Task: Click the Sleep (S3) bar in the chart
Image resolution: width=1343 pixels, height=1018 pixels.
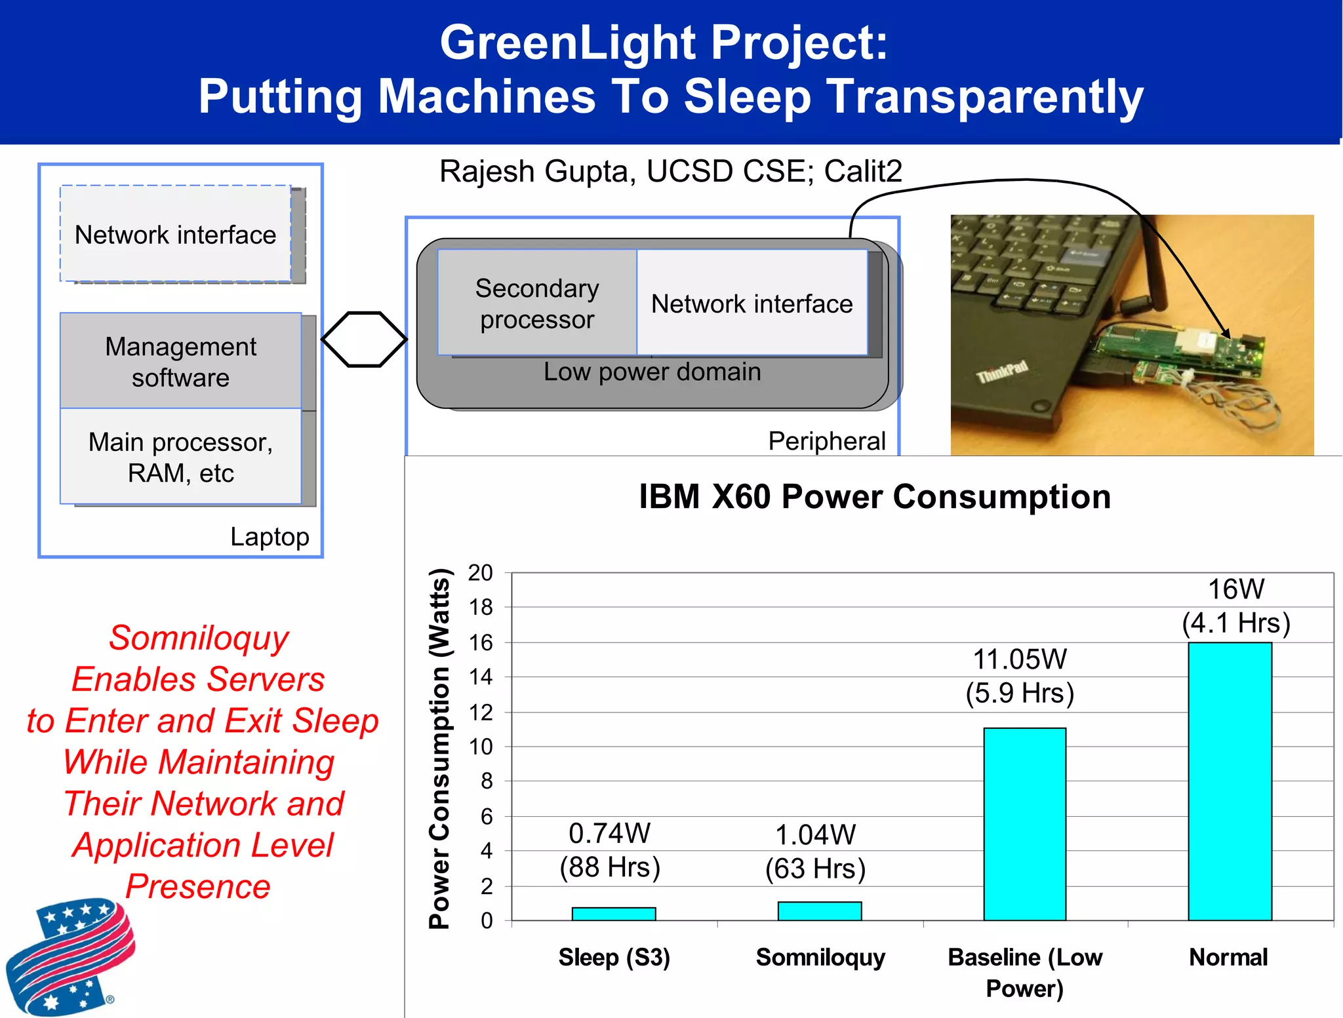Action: pos(613,914)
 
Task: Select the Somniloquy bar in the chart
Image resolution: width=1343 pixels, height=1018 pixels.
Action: pos(819,911)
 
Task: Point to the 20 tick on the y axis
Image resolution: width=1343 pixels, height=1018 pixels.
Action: pos(480,573)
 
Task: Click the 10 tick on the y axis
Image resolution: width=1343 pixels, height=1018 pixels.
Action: pos(480,747)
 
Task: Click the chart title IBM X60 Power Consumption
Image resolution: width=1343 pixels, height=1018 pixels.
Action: pos(875,496)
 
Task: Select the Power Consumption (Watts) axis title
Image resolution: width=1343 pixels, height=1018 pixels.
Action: pos(439,749)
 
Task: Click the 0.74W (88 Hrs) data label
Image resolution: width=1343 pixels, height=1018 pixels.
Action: pos(609,850)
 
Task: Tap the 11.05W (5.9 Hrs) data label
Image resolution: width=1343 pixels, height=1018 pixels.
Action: pos(1020,676)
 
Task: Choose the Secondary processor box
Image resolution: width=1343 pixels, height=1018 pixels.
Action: pos(537,303)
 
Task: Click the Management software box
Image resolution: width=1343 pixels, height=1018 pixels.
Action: pos(180,361)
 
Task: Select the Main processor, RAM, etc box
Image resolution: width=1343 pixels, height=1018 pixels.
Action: pos(180,457)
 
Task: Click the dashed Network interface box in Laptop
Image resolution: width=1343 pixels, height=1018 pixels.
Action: pos(175,234)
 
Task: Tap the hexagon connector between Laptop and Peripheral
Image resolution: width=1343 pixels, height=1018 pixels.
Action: pos(364,339)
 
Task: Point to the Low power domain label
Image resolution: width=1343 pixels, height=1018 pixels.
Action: pos(652,372)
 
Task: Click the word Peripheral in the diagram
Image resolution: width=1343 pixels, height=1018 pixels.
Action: pos(826,441)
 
